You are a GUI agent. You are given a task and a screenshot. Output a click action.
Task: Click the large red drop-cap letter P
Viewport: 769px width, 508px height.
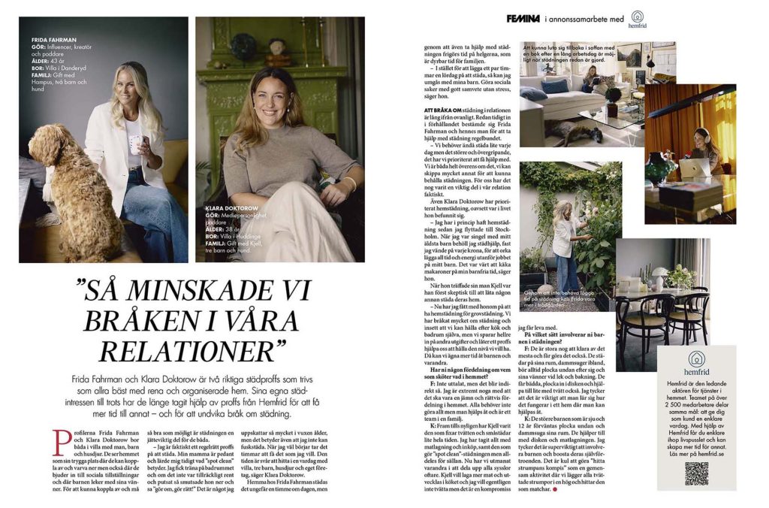[x=63, y=445]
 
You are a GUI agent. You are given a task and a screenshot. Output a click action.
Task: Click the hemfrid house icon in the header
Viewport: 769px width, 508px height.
[x=638, y=16]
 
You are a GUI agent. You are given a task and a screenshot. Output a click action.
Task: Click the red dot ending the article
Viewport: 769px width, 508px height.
[x=554, y=491]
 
